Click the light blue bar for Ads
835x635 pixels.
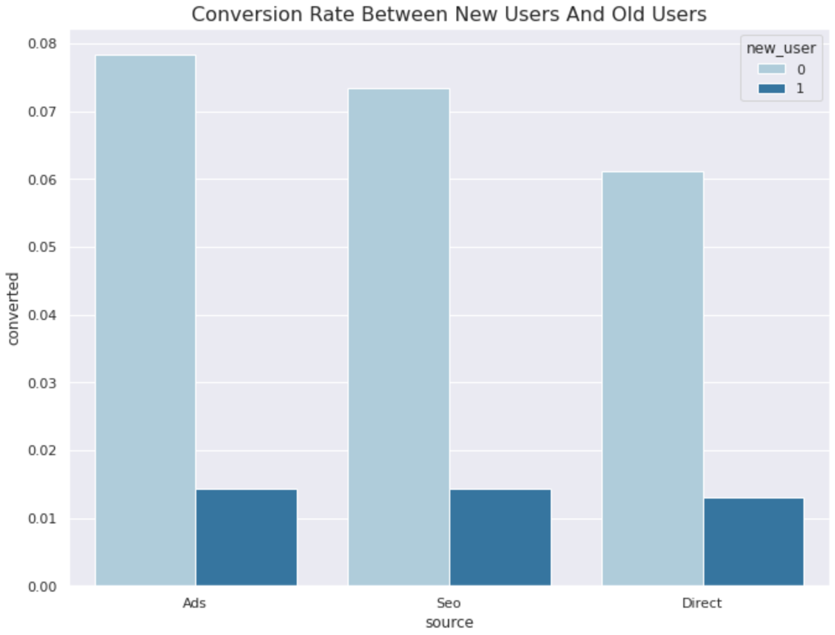(x=146, y=320)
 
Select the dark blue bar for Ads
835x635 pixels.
(x=247, y=537)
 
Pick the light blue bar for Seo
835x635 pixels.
(x=399, y=337)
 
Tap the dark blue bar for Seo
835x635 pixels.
(x=501, y=537)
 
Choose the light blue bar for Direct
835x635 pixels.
(x=653, y=378)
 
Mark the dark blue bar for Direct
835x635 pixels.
(x=754, y=541)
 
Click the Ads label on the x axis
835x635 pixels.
(x=195, y=603)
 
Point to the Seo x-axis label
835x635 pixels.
(x=448, y=603)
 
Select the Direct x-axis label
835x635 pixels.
(x=702, y=603)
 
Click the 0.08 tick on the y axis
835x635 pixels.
(x=42, y=44)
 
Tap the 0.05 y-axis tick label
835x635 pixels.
(x=42, y=247)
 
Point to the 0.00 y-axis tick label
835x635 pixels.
(x=42, y=587)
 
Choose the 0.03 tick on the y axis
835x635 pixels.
(x=42, y=383)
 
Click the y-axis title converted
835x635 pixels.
(x=13, y=309)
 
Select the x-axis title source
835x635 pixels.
(x=449, y=622)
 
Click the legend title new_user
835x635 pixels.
(x=781, y=48)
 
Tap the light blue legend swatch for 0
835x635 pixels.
(x=771, y=69)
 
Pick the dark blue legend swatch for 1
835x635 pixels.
(x=771, y=89)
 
